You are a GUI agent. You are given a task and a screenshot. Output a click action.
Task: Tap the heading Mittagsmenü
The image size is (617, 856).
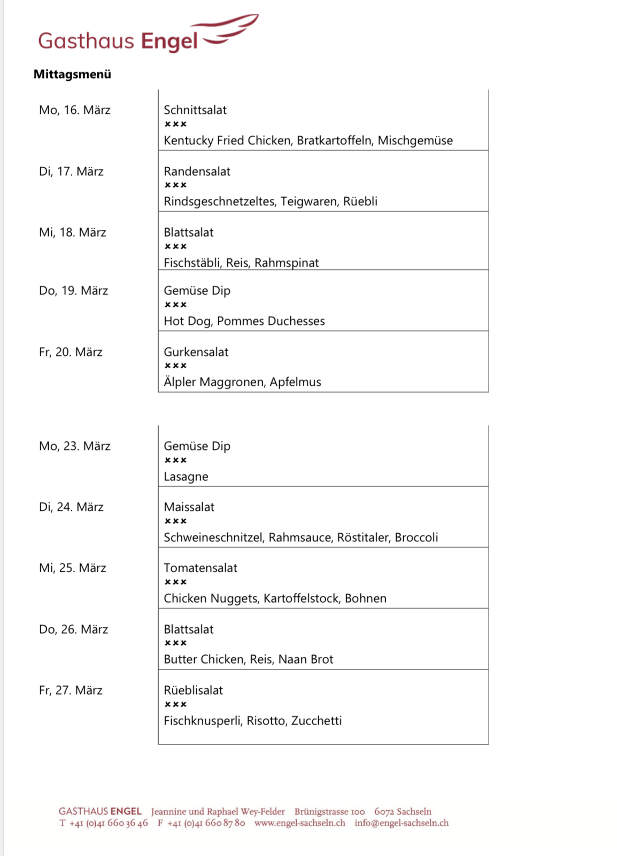pyautogui.click(x=72, y=74)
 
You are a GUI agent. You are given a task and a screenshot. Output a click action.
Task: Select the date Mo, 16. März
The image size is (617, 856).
pyautogui.click(x=75, y=110)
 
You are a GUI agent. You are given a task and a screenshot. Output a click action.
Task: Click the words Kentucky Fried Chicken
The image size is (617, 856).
pyautogui.click(x=227, y=141)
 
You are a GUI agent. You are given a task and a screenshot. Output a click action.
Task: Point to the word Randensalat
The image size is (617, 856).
pyautogui.click(x=197, y=172)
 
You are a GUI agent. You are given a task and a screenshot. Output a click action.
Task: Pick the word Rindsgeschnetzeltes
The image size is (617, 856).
pyautogui.click(x=220, y=201)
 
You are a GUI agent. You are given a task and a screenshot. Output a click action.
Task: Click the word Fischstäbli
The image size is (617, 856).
pyautogui.click(x=192, y=263)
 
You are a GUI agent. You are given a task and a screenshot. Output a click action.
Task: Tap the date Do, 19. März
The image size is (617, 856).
pyautogui.click(x=73, y=291)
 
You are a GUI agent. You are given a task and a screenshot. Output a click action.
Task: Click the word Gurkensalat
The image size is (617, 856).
pyautogui.click(x=196, y=352)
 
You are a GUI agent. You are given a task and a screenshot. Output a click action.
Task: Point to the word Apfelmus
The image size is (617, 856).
pyautogui.click(x=295, y=382)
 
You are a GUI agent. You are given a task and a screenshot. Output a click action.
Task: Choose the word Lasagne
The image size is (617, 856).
pyautogui.click(x=186, y=477)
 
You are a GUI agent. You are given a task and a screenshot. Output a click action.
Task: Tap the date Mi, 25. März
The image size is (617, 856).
pyautogui.click(x=72, y=568)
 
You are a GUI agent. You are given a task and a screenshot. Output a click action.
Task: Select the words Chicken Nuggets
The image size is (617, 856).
pyautogui.click(x=211, y=598)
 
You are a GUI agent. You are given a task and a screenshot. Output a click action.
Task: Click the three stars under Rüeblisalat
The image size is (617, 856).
pyautogui.click(x=175, y=705)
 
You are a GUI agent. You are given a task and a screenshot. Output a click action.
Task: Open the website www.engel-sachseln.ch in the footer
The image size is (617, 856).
pyautogui.click(x=299, y=823)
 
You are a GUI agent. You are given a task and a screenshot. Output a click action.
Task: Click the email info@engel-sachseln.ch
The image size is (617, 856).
pyautogui.click(x=402, y=823)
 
